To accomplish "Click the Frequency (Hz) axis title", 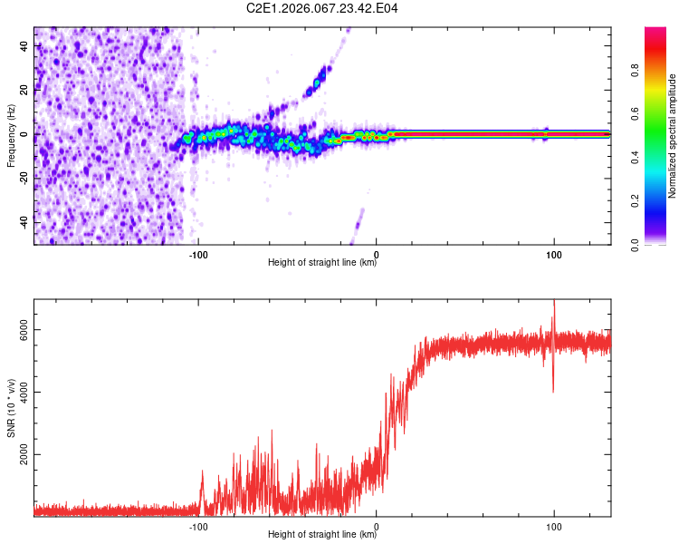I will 11,135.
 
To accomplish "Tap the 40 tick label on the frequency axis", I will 24,46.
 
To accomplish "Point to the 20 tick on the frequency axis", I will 24,91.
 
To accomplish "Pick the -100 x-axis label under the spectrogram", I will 198,253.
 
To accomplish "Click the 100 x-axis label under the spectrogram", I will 553,253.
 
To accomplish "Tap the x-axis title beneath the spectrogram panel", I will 322,263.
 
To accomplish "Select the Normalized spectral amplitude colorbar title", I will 673,136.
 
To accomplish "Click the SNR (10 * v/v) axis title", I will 11,408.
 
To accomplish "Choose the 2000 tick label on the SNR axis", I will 19,455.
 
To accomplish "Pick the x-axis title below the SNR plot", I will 322,535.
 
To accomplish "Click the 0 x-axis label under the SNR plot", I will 377,525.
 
